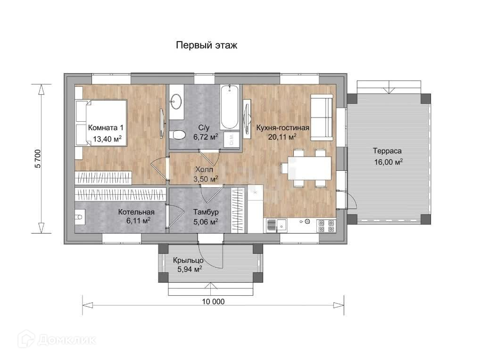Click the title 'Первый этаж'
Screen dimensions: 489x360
coord(207,45)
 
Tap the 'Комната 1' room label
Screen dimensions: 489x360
coord(106,127)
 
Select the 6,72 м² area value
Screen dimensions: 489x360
coord(206,137)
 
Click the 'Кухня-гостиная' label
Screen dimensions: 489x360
coord(283,127)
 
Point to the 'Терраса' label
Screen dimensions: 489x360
coord(387,151)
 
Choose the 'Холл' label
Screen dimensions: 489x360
coord(204,170)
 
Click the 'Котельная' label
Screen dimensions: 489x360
coord(136,212)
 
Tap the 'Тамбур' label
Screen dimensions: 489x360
coord(206,212)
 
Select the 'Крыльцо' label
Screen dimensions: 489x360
coord(188,260)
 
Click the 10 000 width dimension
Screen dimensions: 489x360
coord(213,301)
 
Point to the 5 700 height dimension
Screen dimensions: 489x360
coord(38,159)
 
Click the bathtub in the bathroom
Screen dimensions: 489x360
coord(230,107)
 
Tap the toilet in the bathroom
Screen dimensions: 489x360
coord(177,135)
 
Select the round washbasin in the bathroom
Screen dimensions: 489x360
coord(177,101)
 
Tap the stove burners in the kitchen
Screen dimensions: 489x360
coord(326,226)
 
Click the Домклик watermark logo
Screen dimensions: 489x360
coord(57,339)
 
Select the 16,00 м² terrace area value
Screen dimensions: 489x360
coord(388,162)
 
